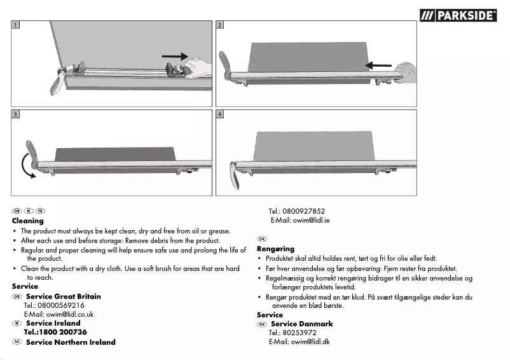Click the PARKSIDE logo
458,15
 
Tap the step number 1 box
15,25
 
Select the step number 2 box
220,25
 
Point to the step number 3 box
15,114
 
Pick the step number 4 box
220,114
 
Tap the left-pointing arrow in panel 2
379,64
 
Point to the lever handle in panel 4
236,175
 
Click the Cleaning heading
28,221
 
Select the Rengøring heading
275,249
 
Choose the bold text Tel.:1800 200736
55,332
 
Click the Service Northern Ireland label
71,342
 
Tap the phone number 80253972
299,333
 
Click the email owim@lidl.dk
299,342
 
